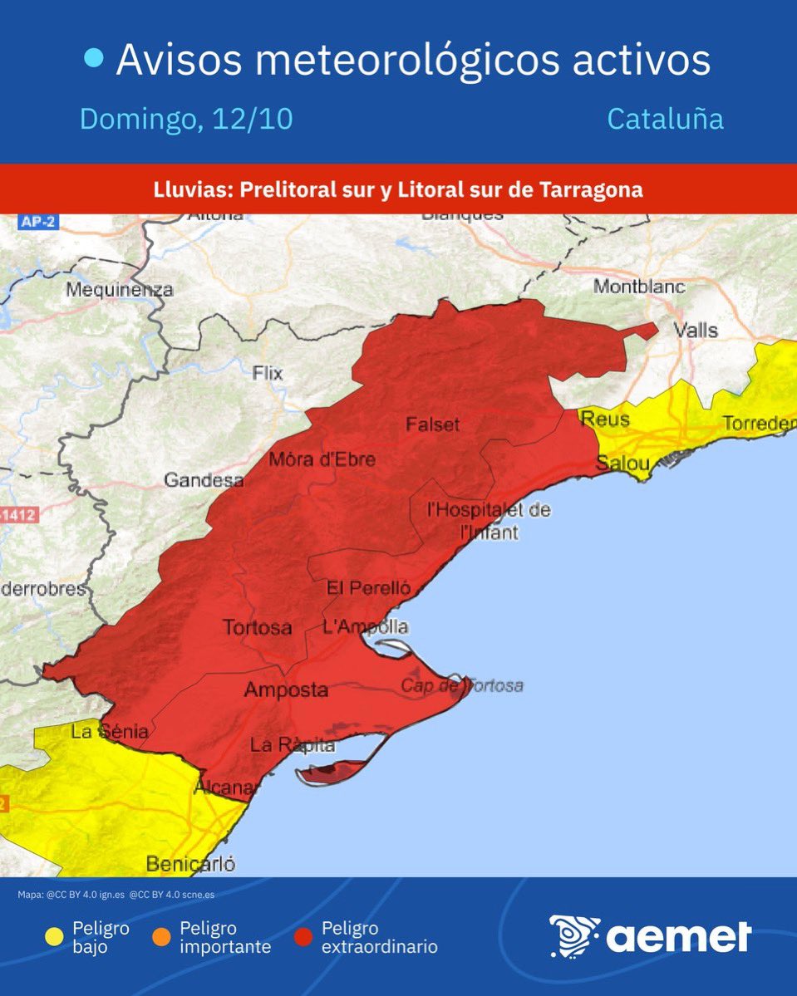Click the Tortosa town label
(x=257, y=627)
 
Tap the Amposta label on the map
(x=286, y=690)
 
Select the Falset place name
(x=432, y=424)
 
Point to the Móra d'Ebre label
(x=322, y=459)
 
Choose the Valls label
(x=696, y=330)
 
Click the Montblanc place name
(x=639, y=287)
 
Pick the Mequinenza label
(x=119, y=290)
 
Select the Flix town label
(x=268, y=373)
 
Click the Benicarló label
(x=190, y=864)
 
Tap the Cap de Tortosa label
(x=462, y=685)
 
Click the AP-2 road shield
(x=39, y=222)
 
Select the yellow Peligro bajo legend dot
(x=55, y=937)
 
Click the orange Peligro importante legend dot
(x=162, y=937)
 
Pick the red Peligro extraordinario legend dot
(x=304, y=937)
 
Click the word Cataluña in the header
(x=665, y=119)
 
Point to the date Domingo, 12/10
(x=186, y=119)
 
